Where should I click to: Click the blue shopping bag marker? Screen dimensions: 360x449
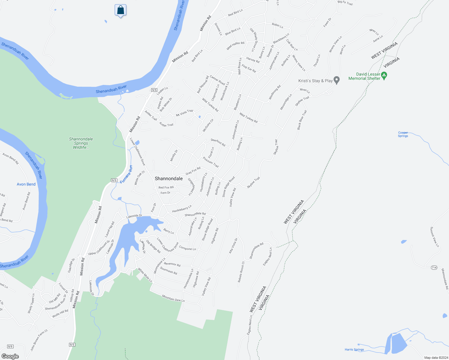click(x=120, y=10)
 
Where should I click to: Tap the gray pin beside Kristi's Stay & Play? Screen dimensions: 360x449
click(x=336, y=80)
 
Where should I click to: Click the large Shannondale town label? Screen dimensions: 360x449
click(x=169, y=178)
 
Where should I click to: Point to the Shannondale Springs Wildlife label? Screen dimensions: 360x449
click(x=81, y=143)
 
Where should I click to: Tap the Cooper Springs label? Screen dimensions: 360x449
click(x=403, y=134)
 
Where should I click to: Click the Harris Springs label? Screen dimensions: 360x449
click(x=354, y=349)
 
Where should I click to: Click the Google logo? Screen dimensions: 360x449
click(x=10, y=356)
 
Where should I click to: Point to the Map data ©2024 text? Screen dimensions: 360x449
click(x=435, y=358)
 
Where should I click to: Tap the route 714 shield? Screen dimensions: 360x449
click(x=434, y=268)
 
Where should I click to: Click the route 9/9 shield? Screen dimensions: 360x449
click(x=11, y=346)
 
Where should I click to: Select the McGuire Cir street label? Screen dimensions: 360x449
click(x=208, y=125)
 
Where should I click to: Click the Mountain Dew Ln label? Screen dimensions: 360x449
click(x=173, y=298)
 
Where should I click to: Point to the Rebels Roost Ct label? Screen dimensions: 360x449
click(x=241, y=272)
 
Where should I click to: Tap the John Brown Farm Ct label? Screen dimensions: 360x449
click(x=39, y=340)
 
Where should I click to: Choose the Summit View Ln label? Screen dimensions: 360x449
click(x=435, y=237)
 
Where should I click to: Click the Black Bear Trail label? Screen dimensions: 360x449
click(x=302, y=120)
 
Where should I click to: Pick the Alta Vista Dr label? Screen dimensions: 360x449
click(x=233, y=246)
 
